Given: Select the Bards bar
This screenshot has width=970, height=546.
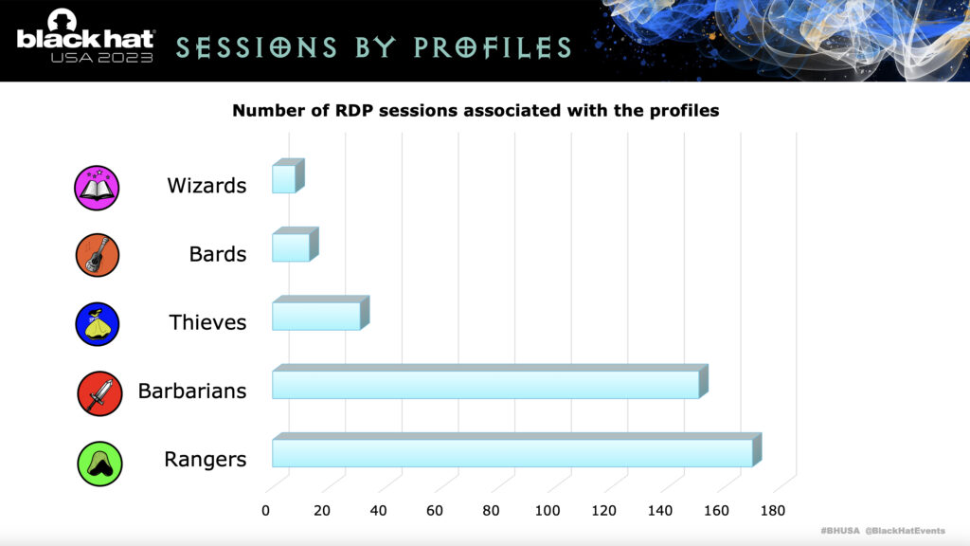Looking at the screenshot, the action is tap(296, 245).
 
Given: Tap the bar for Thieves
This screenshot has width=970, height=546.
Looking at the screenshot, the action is tap(320, 313).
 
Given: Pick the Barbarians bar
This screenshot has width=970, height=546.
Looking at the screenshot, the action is tap(490, 382).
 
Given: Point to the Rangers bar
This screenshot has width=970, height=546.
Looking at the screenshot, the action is tap(516, 450).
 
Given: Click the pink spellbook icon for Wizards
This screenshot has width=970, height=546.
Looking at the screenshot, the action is tap(97, 188).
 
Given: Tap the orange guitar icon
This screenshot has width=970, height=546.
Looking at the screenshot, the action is tap(98, 255).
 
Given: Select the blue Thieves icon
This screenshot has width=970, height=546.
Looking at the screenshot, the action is tap(98, 324).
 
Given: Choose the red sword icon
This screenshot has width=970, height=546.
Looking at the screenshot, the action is tap(99, 393).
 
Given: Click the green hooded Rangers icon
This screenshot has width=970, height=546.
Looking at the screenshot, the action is tap(99, 464).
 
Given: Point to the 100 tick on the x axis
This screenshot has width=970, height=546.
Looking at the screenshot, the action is tap(548, 511).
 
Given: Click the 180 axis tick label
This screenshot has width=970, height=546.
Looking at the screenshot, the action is tap(773, 511).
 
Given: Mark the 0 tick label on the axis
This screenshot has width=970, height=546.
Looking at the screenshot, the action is tap(265, 511).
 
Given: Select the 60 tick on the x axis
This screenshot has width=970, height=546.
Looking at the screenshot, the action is tap(434, 511).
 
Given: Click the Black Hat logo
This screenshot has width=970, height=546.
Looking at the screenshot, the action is tap(84, 36).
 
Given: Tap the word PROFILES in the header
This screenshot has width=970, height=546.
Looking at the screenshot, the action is tap(493, 47).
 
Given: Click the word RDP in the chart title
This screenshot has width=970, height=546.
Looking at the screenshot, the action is tap(354, 111).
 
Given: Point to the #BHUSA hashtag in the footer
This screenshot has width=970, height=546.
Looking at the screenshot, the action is tap(840, 531).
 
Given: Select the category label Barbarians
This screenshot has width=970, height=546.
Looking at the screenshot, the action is tap(191, 391).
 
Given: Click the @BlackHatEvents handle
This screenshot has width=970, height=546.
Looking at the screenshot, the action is tap(905, 531).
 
